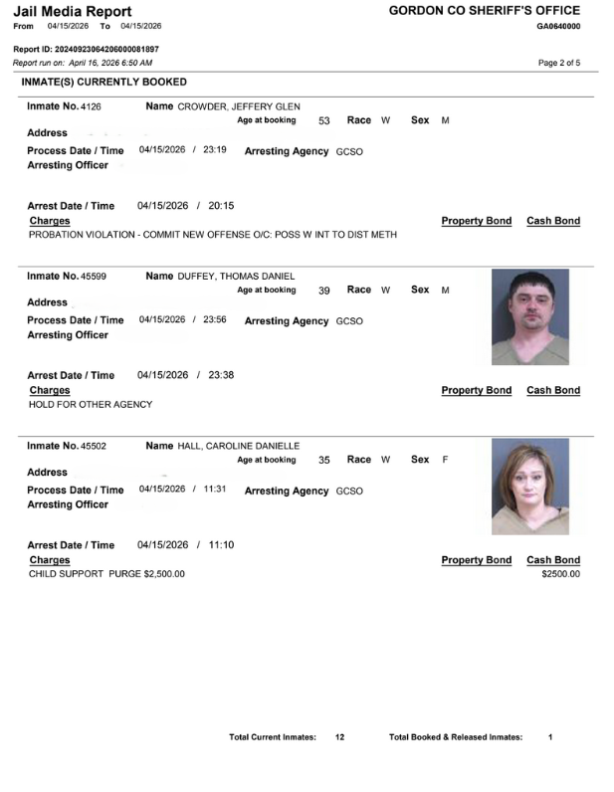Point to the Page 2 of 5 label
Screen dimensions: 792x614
558,63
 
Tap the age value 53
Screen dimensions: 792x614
323,120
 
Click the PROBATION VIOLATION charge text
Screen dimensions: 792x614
213,235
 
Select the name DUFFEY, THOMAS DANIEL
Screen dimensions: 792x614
237,276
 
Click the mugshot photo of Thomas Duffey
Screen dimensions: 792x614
530,317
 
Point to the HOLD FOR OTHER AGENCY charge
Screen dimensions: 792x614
91,404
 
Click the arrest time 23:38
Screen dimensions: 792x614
221,375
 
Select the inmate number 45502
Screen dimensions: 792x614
94,446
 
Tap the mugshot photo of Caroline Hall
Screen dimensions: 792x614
530,487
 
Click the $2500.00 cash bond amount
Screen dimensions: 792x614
560,574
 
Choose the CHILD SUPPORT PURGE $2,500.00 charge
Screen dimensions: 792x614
106,574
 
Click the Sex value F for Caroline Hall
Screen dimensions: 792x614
444,460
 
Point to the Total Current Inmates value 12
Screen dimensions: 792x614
339,737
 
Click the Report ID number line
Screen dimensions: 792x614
86,49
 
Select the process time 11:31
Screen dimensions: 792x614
216,489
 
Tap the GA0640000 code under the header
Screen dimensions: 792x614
558,26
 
